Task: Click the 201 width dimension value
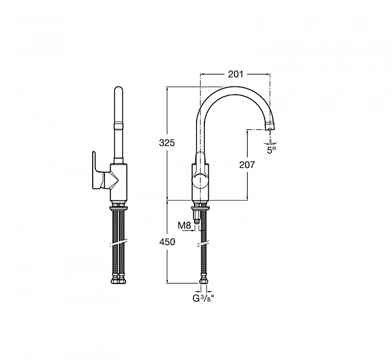coord(235,74)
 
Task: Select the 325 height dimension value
coord(167,142)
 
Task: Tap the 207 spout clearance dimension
coord(247,165)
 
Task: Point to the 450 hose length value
coord(167,242)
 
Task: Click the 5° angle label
coord(271,150)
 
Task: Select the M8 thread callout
coord(184,226)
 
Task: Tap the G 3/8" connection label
coord(203,298)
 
